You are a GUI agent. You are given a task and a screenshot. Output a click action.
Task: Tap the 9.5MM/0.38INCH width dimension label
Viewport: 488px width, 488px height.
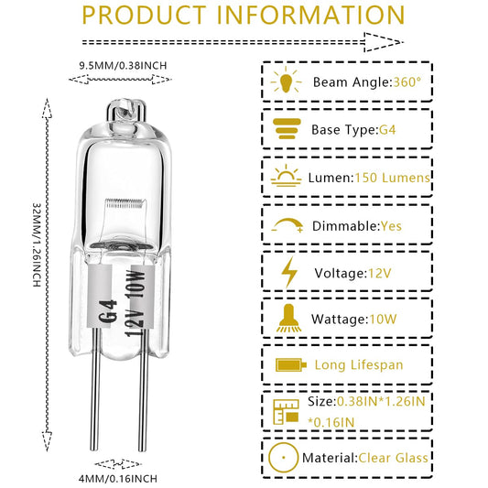pyautogui.click(x=123, y=66)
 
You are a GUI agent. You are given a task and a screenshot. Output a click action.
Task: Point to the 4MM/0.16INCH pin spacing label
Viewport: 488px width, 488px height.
pyautogui.click(x=118, y=478)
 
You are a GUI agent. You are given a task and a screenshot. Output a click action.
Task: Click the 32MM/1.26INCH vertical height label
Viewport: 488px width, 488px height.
pyautogui.click(x=37, y=245)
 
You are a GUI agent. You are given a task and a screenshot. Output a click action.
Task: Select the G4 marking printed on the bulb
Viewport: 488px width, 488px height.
pyautogui.click(x=108, y=311)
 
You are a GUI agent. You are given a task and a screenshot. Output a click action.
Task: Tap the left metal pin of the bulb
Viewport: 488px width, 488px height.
pyautogui.click(x=95, y=389)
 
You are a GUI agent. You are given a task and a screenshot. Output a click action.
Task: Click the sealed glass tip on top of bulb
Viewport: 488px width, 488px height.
pyautogui.click(x=125, y=110)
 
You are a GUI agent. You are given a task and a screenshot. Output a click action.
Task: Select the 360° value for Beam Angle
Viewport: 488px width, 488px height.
pyautogui.click(x=407, y=82)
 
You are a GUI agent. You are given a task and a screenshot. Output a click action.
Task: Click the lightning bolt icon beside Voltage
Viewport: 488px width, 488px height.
pyautogui.click(x=289, y=272)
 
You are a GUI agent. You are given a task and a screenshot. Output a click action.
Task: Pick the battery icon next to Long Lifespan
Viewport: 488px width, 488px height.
pyautogui.click(x=291, y=364)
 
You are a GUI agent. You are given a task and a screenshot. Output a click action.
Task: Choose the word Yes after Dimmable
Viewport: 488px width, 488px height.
pyautogui.click(x=391, y=226)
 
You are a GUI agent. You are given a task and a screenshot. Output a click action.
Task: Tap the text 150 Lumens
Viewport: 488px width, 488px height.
pyautogui.click(x=392, y=178)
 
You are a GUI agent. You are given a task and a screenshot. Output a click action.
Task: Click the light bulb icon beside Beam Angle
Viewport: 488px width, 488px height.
pyautogui.click(x=286, y=81)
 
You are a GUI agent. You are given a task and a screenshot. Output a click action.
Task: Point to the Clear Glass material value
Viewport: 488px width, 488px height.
pyautogui.click(x=394, y=458)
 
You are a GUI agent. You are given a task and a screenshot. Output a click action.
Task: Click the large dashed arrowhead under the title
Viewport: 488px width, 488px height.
pyautogui.click(x=384, y=42)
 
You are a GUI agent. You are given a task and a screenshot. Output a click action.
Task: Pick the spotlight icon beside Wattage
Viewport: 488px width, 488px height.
pyautogui.click(x=288, y=318)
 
